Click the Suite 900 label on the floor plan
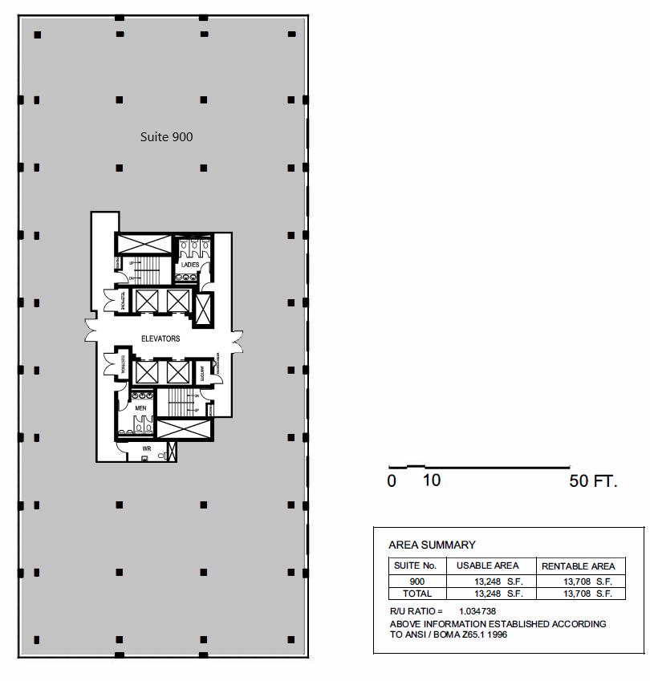click(x=166, y=137)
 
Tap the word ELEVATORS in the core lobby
click(x=160, y=338)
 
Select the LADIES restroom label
click(x=190, y=265)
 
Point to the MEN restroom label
click(x=140, y=408)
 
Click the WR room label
click(x=147, y=448)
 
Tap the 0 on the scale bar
click(x=392, y=481)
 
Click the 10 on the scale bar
click(x=431, y=480)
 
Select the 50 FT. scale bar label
click(x=593, y=481)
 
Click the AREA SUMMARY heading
click(x=432, y=545)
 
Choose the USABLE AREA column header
click(x=488, y=565)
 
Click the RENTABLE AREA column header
click(x=578, y=566)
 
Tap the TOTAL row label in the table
click(x=417, y=594)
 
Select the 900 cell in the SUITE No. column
click(x=417, y=582)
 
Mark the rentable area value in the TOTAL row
click(x=587, y=594)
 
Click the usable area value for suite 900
click(x=498, y=582)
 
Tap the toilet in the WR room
click(x=161, y=456)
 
